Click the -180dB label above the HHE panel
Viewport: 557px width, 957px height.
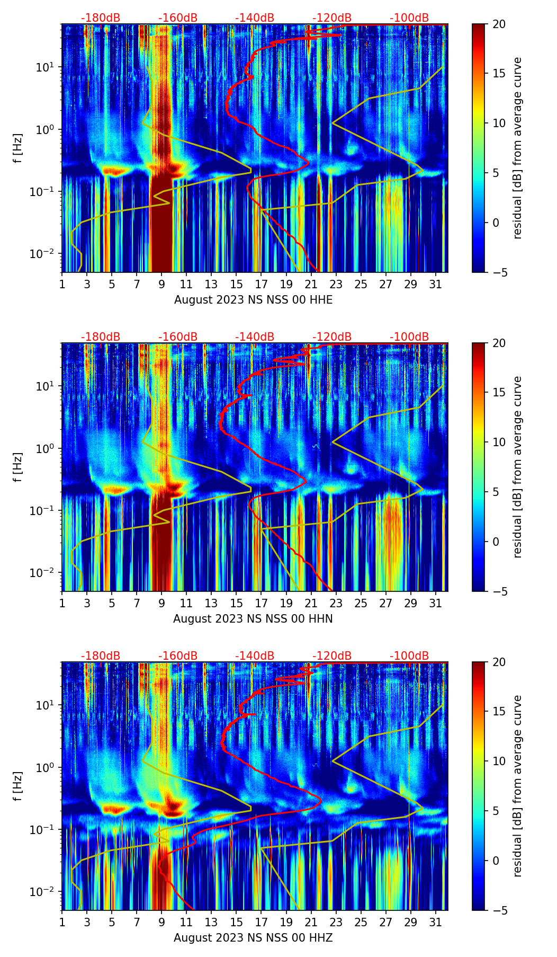tap(101, 18)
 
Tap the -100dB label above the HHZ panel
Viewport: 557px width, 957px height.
tap(409, 656)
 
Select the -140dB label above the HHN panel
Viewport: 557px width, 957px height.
tap(255, 337)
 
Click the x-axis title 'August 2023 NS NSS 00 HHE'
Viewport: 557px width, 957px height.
tap(253, 300)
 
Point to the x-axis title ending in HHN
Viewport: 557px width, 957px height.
tap(253, 619)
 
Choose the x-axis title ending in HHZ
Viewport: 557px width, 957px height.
tap(253, 938)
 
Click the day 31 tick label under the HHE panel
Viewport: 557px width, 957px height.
tap(435, 285)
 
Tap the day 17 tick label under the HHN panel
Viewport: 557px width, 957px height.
tap(261, 604)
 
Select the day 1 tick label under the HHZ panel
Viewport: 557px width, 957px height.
tap(62, 923)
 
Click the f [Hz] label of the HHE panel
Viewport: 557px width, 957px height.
tap(18, 148)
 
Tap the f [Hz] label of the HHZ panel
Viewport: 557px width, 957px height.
tap(18, 786)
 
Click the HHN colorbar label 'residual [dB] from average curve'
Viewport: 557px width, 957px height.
tap(517, 467)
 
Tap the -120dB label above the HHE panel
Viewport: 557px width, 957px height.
tap(332, 18)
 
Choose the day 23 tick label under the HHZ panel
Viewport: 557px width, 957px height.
tap(336, 923)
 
